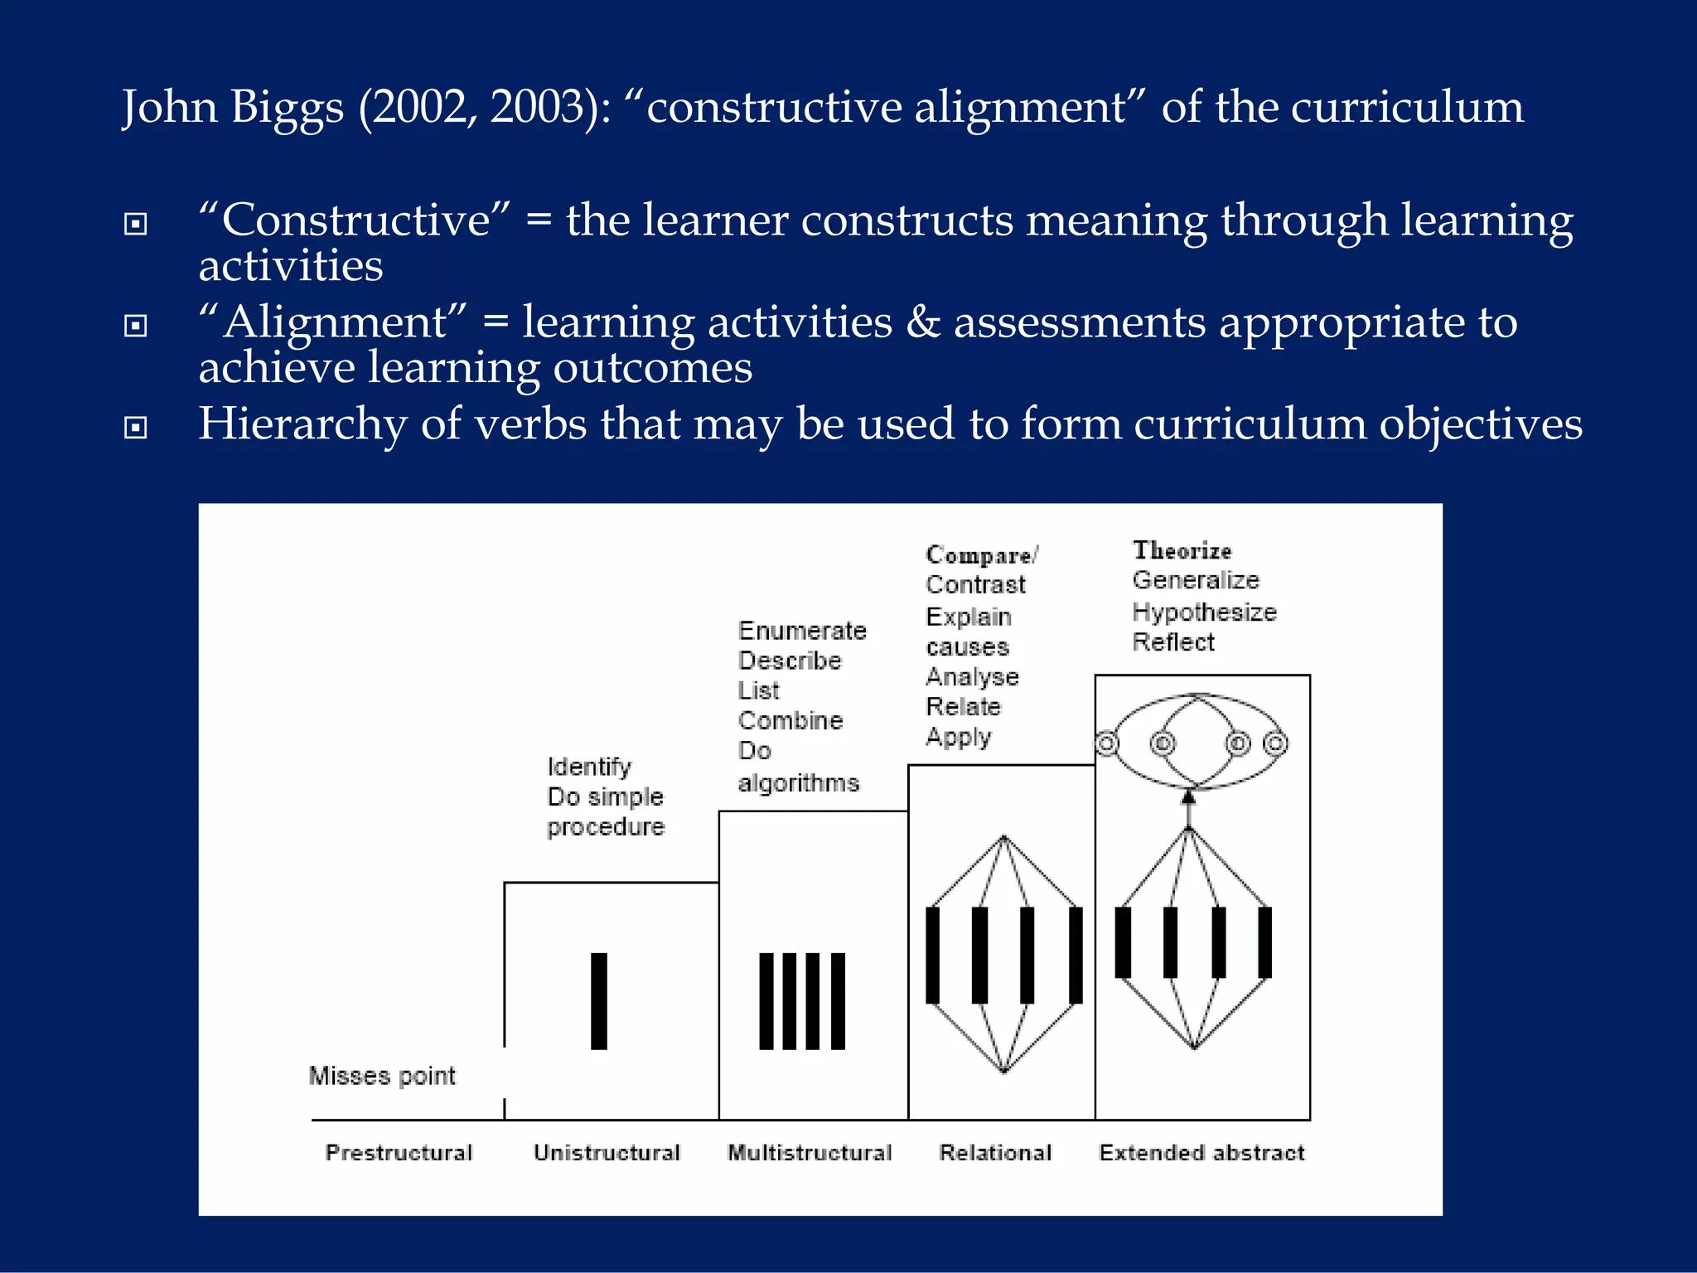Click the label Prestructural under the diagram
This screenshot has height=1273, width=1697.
(399, 1153)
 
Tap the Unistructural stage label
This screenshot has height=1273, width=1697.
(607, 1153)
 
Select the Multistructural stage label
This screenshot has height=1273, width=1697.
(810, 1153)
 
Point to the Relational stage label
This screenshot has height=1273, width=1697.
(995, 1153)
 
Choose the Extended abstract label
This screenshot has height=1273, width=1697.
(1201, 1153)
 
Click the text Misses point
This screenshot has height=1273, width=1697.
(382, 1076)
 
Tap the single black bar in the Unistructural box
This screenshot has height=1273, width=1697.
(599, 1001)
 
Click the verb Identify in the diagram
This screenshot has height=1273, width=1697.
(589, 767)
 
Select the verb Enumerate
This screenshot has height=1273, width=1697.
(802, 631)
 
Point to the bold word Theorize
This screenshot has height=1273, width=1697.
(1182, 550)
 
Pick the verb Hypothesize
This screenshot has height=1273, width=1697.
(1204, 612)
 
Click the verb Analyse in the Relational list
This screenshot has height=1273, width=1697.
(972, 677)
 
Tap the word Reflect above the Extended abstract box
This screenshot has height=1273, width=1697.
(1173, 642)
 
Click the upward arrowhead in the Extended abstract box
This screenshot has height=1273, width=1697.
(1188, 797)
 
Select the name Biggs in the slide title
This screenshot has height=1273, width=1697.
(287, 108)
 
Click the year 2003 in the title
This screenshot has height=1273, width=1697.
(537, 107)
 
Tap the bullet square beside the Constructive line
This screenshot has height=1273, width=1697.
(135, 224)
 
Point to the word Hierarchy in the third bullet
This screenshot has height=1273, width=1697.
(302, 424)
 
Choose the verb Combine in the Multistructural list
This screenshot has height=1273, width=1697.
(790, 720)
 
